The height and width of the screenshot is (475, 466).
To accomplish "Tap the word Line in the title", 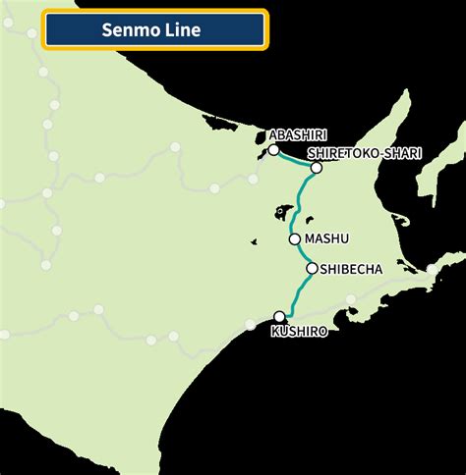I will [183, 30].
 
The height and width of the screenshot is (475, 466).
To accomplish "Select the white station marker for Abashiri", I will [273, 150].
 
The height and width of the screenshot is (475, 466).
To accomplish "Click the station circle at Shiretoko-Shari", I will [316, 168].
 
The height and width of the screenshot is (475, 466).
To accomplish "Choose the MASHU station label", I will [326, 238].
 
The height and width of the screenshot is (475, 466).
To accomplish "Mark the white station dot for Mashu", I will [294, 238].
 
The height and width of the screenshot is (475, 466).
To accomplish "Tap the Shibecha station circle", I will [312, 268].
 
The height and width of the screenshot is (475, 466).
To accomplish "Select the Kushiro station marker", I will [280, 316].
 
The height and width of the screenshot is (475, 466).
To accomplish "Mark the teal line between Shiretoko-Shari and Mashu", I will [303, 201].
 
